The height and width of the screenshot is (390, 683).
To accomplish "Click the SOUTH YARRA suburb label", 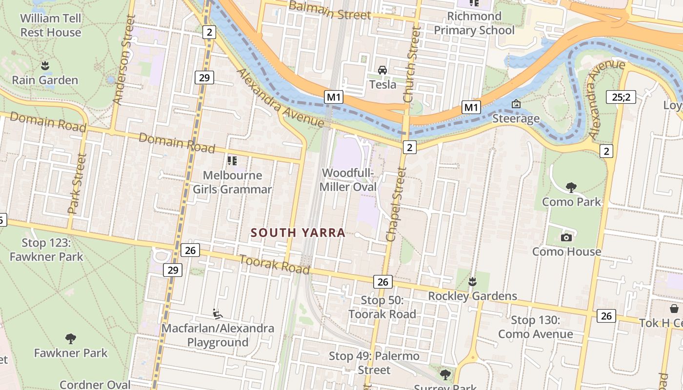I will pos(298,233).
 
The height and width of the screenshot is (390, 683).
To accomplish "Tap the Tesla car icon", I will pos(382,70).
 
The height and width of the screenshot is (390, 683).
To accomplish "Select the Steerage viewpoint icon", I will pos(516,104).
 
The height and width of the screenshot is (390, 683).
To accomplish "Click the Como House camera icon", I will pos(566,237).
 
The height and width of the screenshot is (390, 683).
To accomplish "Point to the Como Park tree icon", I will pos(571,187).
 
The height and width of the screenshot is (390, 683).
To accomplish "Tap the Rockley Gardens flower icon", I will pos(472,281).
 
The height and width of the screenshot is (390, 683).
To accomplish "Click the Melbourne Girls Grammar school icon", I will pos(232,160).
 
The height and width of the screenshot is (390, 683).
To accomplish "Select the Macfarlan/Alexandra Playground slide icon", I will pos(218,313).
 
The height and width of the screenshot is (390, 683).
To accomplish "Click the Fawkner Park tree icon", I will pos(71,338).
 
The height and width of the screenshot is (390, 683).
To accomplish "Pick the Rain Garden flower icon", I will pos(45,65).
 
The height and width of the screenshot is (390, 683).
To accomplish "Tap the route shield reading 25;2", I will pos(621,97).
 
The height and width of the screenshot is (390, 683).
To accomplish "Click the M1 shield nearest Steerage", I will pos(471,107).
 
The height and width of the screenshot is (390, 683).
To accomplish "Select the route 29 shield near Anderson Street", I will pos(204,77).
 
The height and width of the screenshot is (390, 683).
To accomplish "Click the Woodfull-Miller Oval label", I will pos(348,180).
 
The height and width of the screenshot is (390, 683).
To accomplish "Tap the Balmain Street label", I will pos(330,11).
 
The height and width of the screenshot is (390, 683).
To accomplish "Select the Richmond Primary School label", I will pos(474,23).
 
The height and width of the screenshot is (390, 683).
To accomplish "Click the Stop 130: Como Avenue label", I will pos(535,327).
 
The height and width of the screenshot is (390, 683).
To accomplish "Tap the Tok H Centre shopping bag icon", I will pos(674,309).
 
